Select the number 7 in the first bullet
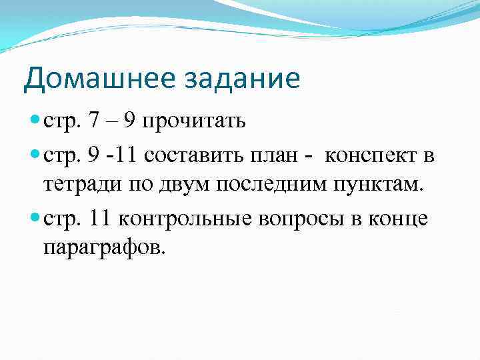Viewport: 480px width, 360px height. point(95,121)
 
